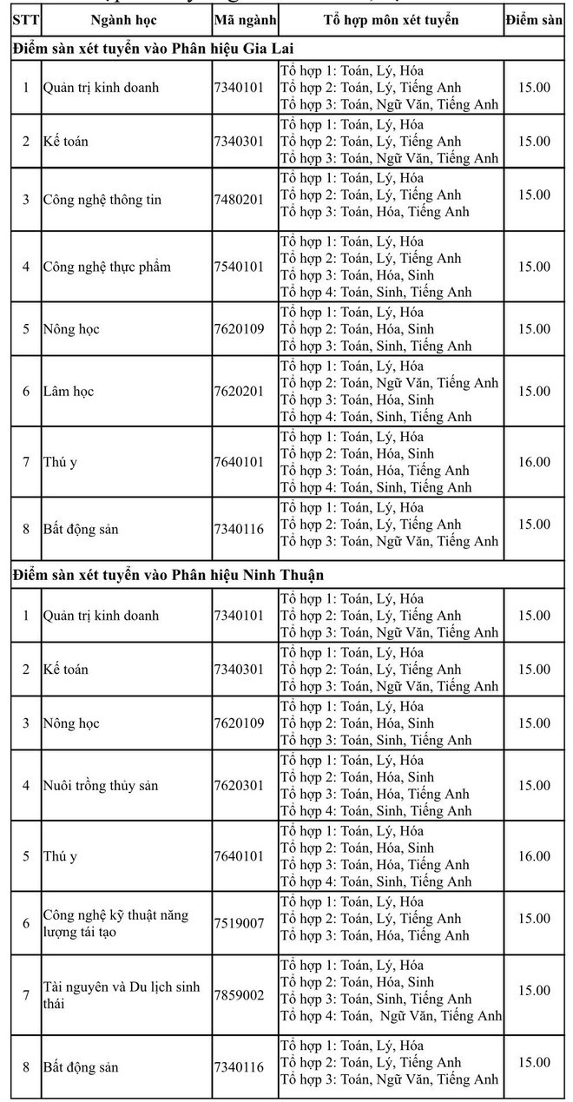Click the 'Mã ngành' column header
point(245,20)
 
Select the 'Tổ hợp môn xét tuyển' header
point(391,20)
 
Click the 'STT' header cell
point(24,20)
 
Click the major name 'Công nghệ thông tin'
point(102,200)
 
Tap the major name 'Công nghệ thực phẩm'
point(107,267)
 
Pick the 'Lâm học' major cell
point(69,392)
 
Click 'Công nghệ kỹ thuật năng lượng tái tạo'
point(115,923)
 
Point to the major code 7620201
point(239,392)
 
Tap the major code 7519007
point(239,923)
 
